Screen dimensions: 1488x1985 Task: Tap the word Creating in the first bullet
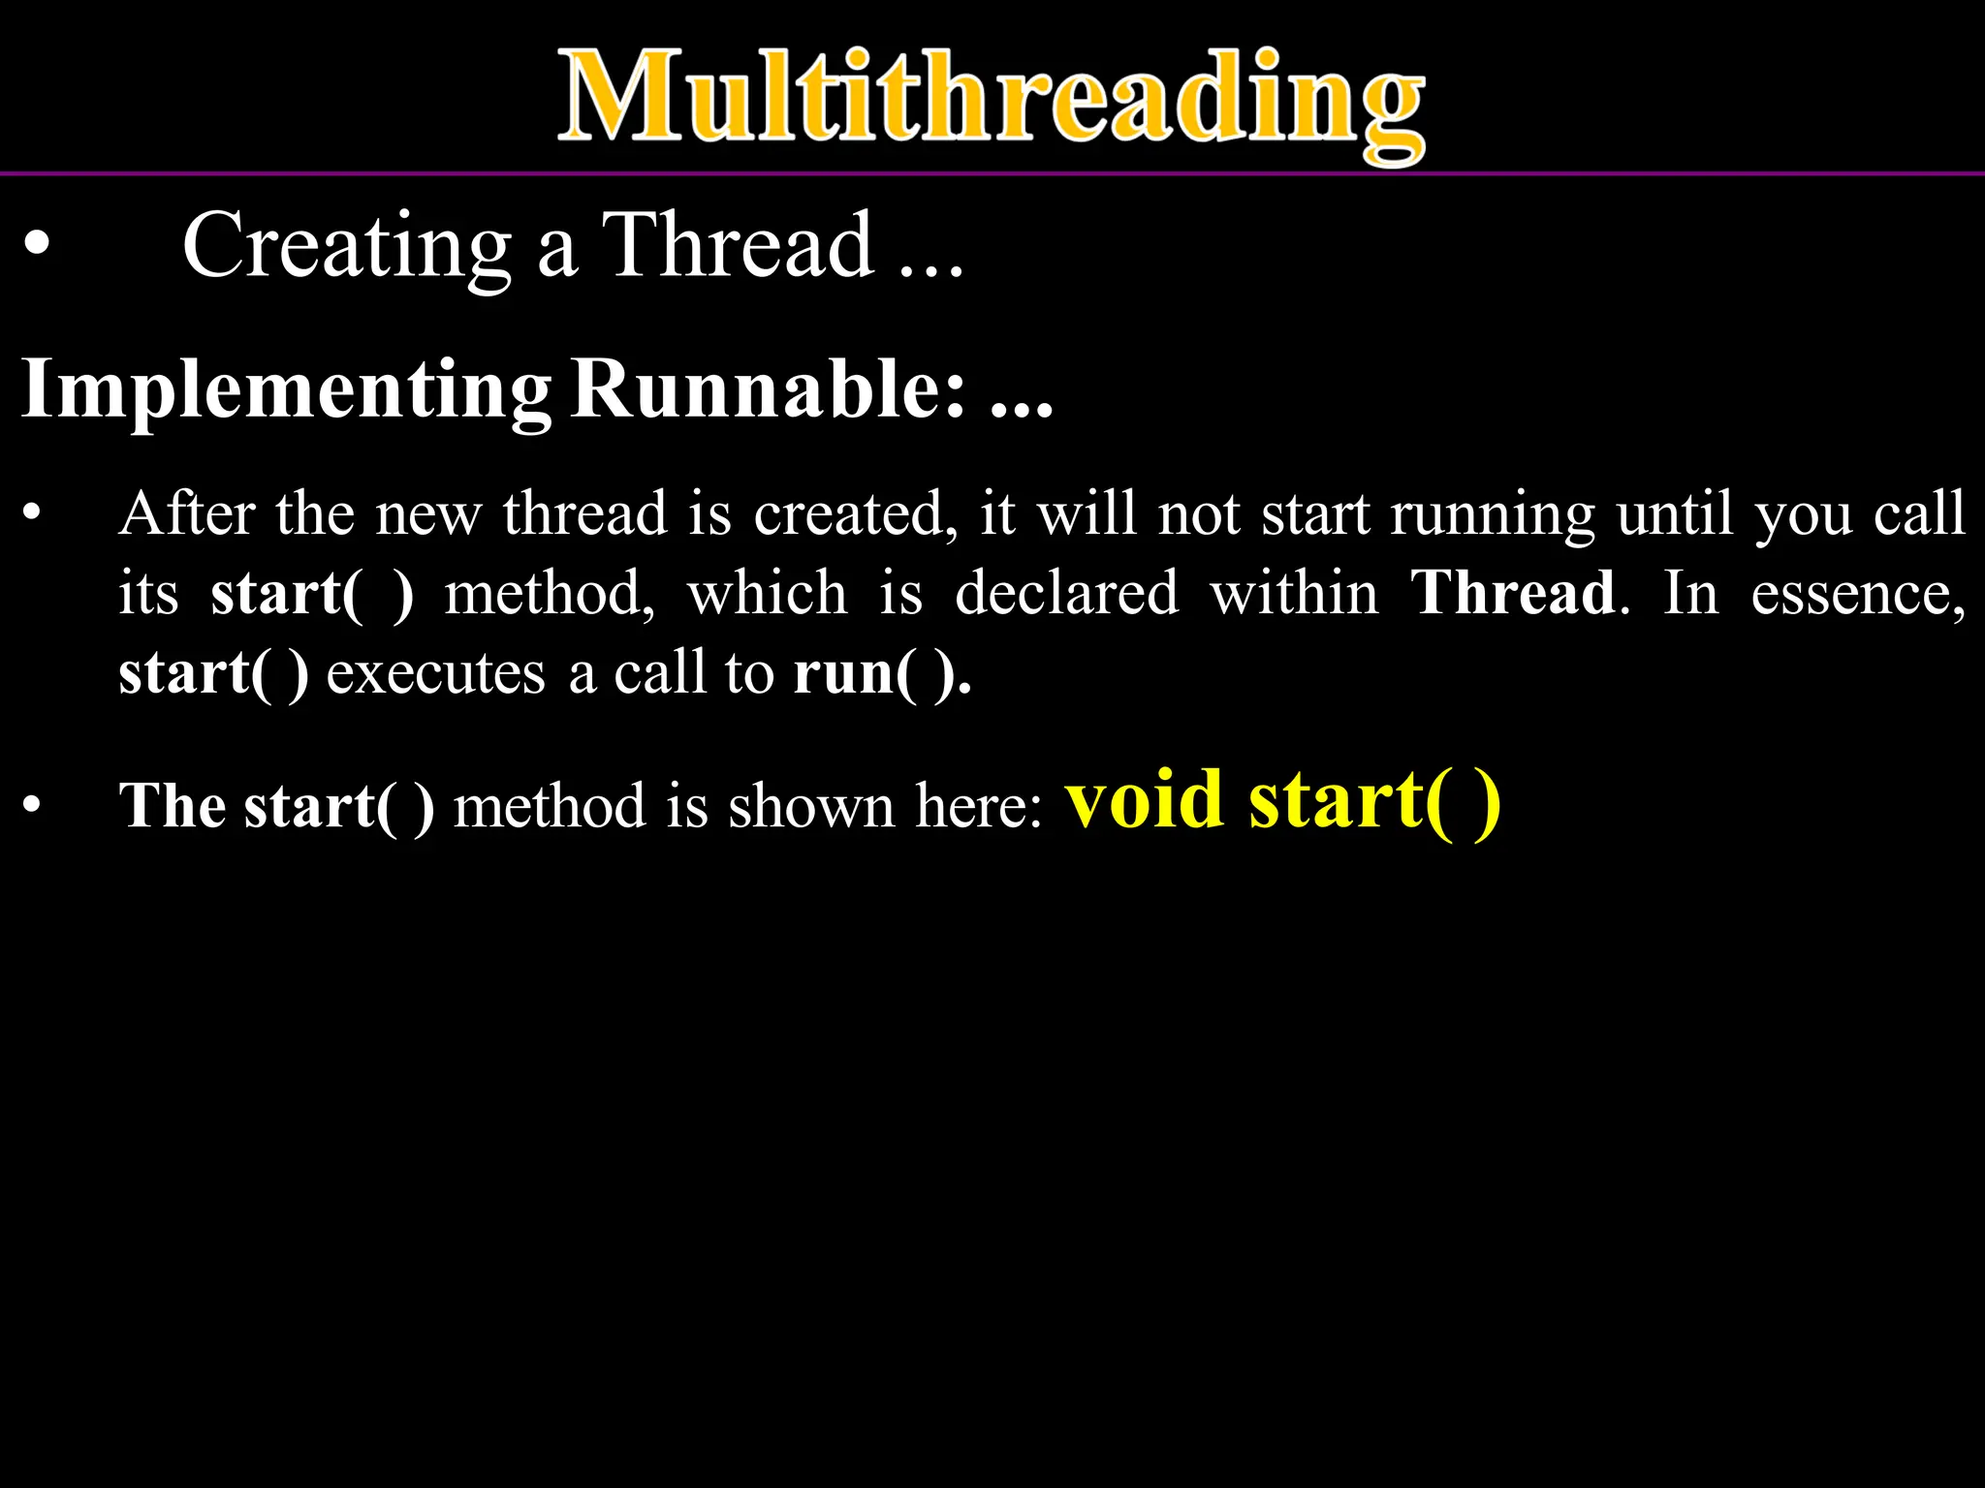pyautogui.click(x=346, y=247)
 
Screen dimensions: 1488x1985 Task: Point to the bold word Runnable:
pyautogui.click(x=769, y=389)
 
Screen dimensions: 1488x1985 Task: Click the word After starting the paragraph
pyautogui.click(x=187, y=513)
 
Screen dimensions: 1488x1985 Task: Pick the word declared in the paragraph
pyautogui.click(x=1066, y=593)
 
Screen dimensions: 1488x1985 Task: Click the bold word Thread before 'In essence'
pyautogui.click(x=1512, y=593)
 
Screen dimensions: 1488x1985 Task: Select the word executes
pyautogui.click(x=436, y=673)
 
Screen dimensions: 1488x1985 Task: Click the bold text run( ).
pyautogui.click(x=881, y=673)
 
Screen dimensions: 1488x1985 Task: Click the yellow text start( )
pyautogui.click(x=1374, y=802)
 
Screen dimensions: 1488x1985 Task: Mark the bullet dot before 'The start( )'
pyautogui.click(x=33, y=805)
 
